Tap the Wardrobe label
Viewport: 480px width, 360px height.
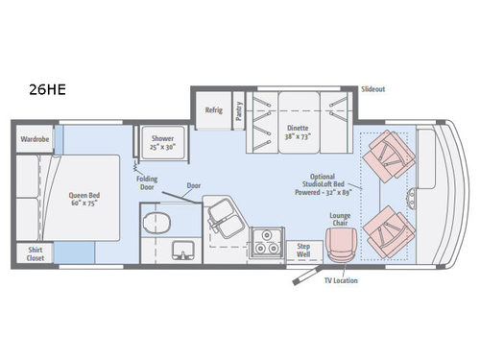tap(35, 139)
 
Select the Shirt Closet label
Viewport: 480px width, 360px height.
tap(34, 253)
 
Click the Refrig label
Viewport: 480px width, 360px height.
tap(213, 110)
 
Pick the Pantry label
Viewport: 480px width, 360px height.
tap(239, 111)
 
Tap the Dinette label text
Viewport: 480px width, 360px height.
tap(300, 130)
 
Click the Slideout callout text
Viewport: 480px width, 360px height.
tap(373, 88)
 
